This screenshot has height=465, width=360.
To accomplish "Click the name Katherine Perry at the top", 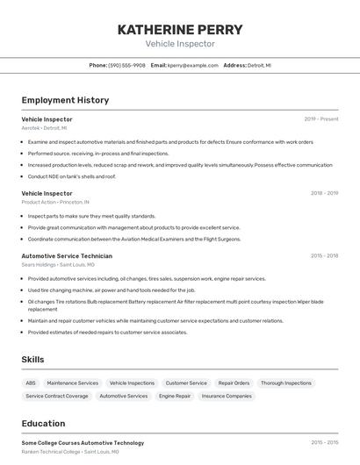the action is coord(179,30).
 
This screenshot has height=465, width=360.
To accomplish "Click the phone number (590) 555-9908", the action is coord(126,65).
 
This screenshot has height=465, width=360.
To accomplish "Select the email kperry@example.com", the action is coord(192,65).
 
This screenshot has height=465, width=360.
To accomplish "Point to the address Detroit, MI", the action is coord(259,65).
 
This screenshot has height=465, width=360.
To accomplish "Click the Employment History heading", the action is coord(65,100).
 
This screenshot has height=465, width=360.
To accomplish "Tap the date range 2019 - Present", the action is coord(320,118).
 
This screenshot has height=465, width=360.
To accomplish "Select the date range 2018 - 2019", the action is coord(324,193).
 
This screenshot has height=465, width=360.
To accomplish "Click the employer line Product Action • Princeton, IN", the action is coord(55,202).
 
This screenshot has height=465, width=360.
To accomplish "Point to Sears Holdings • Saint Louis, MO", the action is coord(58,264).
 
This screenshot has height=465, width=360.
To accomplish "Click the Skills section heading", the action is coord(32,360).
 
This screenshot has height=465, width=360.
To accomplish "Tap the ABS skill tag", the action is coord(31,383).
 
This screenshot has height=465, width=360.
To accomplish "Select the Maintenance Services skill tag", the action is coord(73,383).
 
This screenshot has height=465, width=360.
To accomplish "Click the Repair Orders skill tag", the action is coord(234,383).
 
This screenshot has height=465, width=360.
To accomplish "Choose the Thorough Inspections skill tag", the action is coord(286,383).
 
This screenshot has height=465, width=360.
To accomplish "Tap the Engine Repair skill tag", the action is coord(175,396).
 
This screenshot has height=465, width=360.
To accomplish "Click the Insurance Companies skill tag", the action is coord(227,396).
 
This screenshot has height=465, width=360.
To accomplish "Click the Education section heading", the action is coord(43,423).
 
